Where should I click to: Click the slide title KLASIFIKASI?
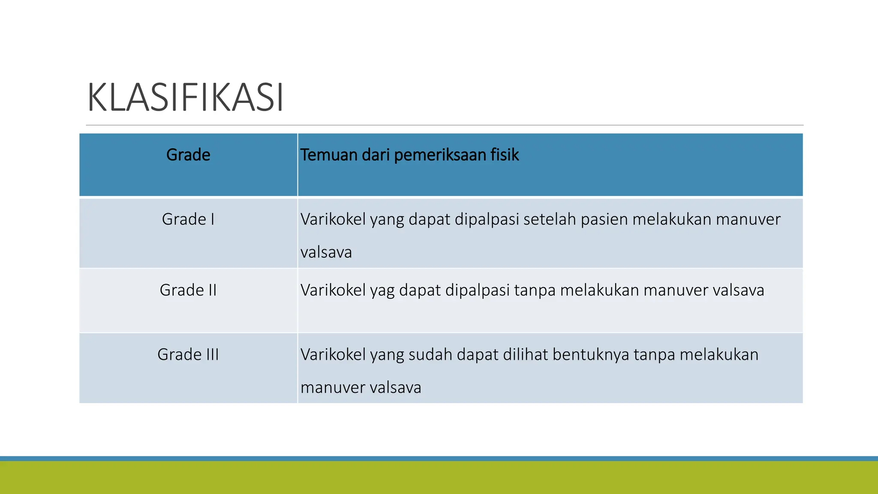[185, 98]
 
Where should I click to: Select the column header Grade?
[188, 155]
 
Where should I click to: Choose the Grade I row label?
[188, 219]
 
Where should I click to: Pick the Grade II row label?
[188, 290]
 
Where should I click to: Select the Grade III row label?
[188, 354]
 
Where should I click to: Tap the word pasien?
[604, 219]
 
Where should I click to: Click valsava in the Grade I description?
[326, 252]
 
